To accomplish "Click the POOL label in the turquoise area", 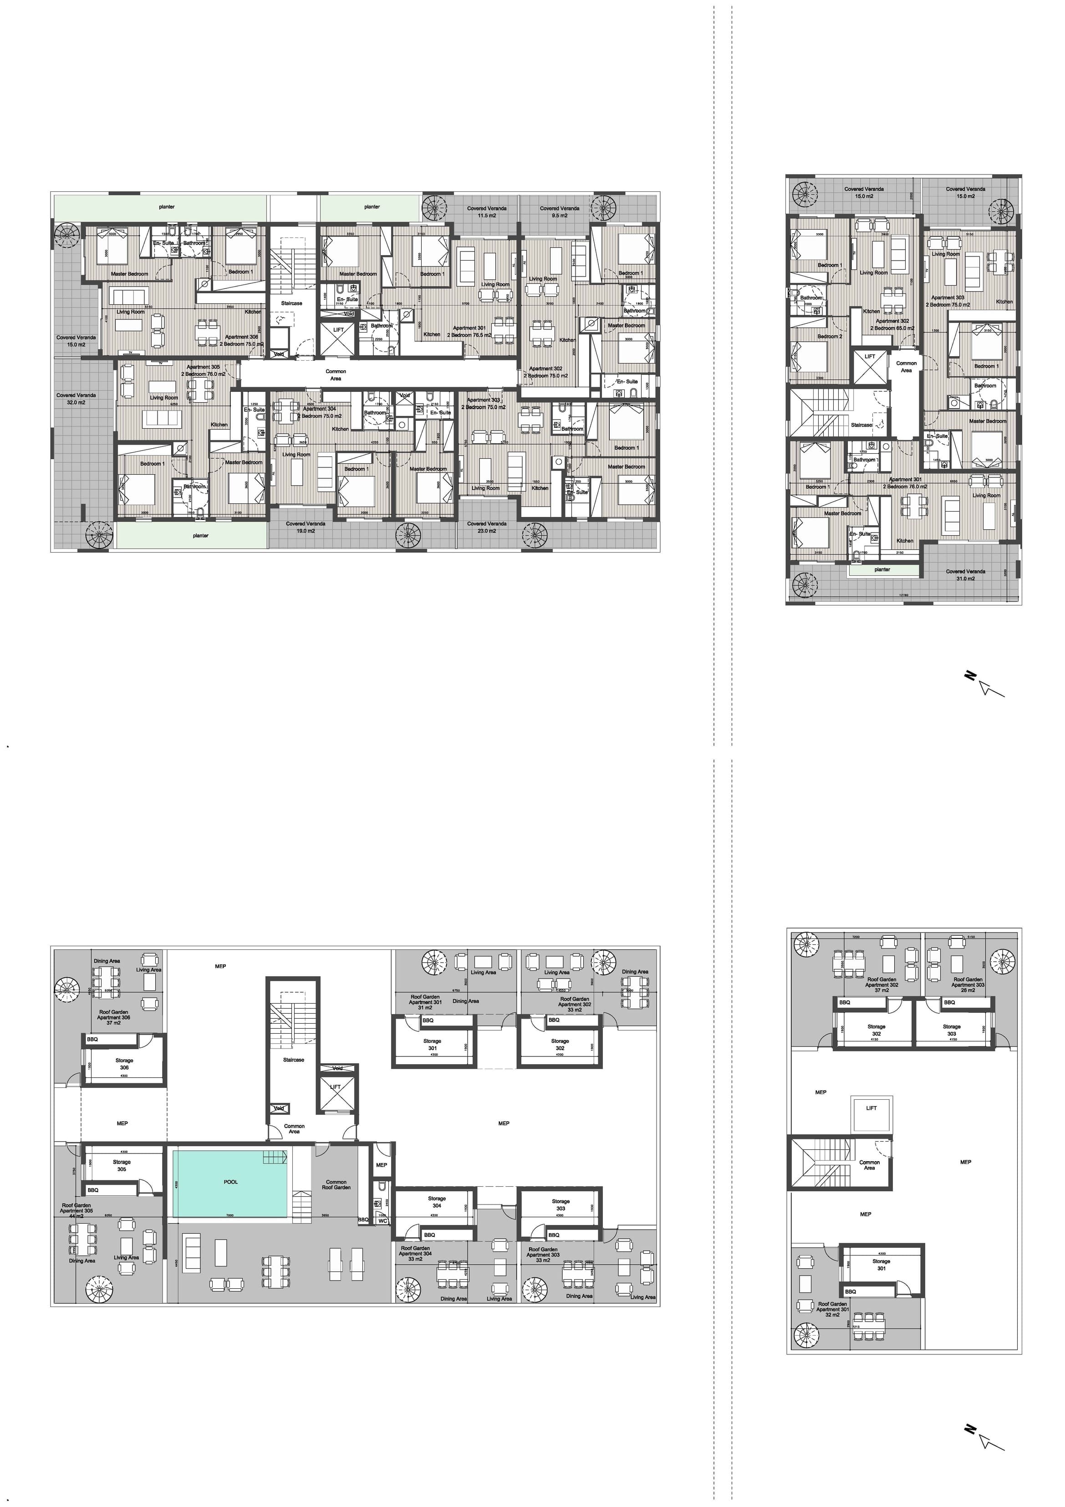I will click(230, 1182).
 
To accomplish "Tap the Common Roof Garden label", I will click(336, 1185).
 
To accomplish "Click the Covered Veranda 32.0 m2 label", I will click(76, 399).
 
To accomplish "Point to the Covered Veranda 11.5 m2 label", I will click(486, 212).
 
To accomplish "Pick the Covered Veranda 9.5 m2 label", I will click(559, 212).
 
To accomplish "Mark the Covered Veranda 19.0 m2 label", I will click(305, 527).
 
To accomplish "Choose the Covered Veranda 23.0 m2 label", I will click(486, 527).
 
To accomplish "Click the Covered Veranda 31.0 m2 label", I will click(965, 574).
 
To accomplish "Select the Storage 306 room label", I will click(124, 1064).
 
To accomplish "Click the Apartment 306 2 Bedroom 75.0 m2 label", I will click(241, 340).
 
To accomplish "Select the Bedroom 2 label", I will click(830, 336).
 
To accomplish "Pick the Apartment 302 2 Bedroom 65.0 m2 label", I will click(892, 324).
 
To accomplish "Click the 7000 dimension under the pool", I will click(229, 1215).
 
